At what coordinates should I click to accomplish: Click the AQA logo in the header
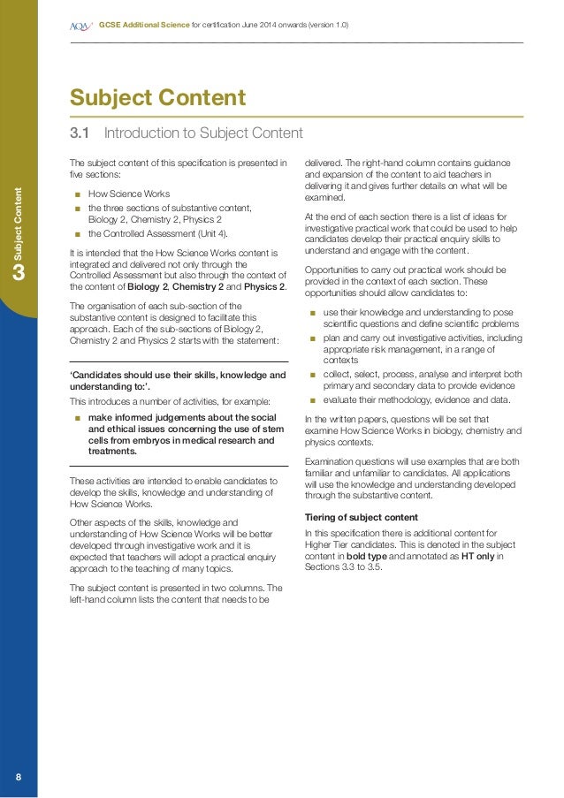(x=80, y=26)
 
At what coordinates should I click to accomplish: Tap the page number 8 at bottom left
(x=19, y=777)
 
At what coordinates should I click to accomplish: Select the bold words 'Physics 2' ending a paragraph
(x=263, y=286)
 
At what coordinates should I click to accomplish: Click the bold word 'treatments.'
(x=112, y=451)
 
